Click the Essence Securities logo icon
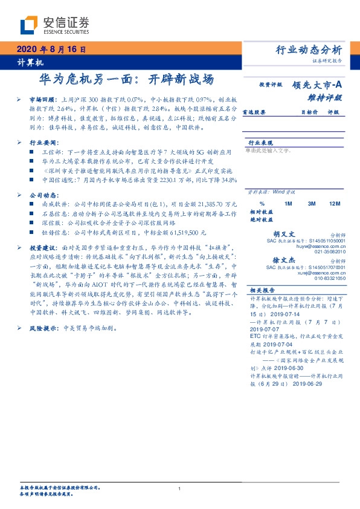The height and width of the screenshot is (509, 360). (31, 24)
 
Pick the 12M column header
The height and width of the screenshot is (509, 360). (334, 204)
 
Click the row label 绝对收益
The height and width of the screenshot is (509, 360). (262, 220)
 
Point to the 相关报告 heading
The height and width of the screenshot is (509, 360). (263, 290)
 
